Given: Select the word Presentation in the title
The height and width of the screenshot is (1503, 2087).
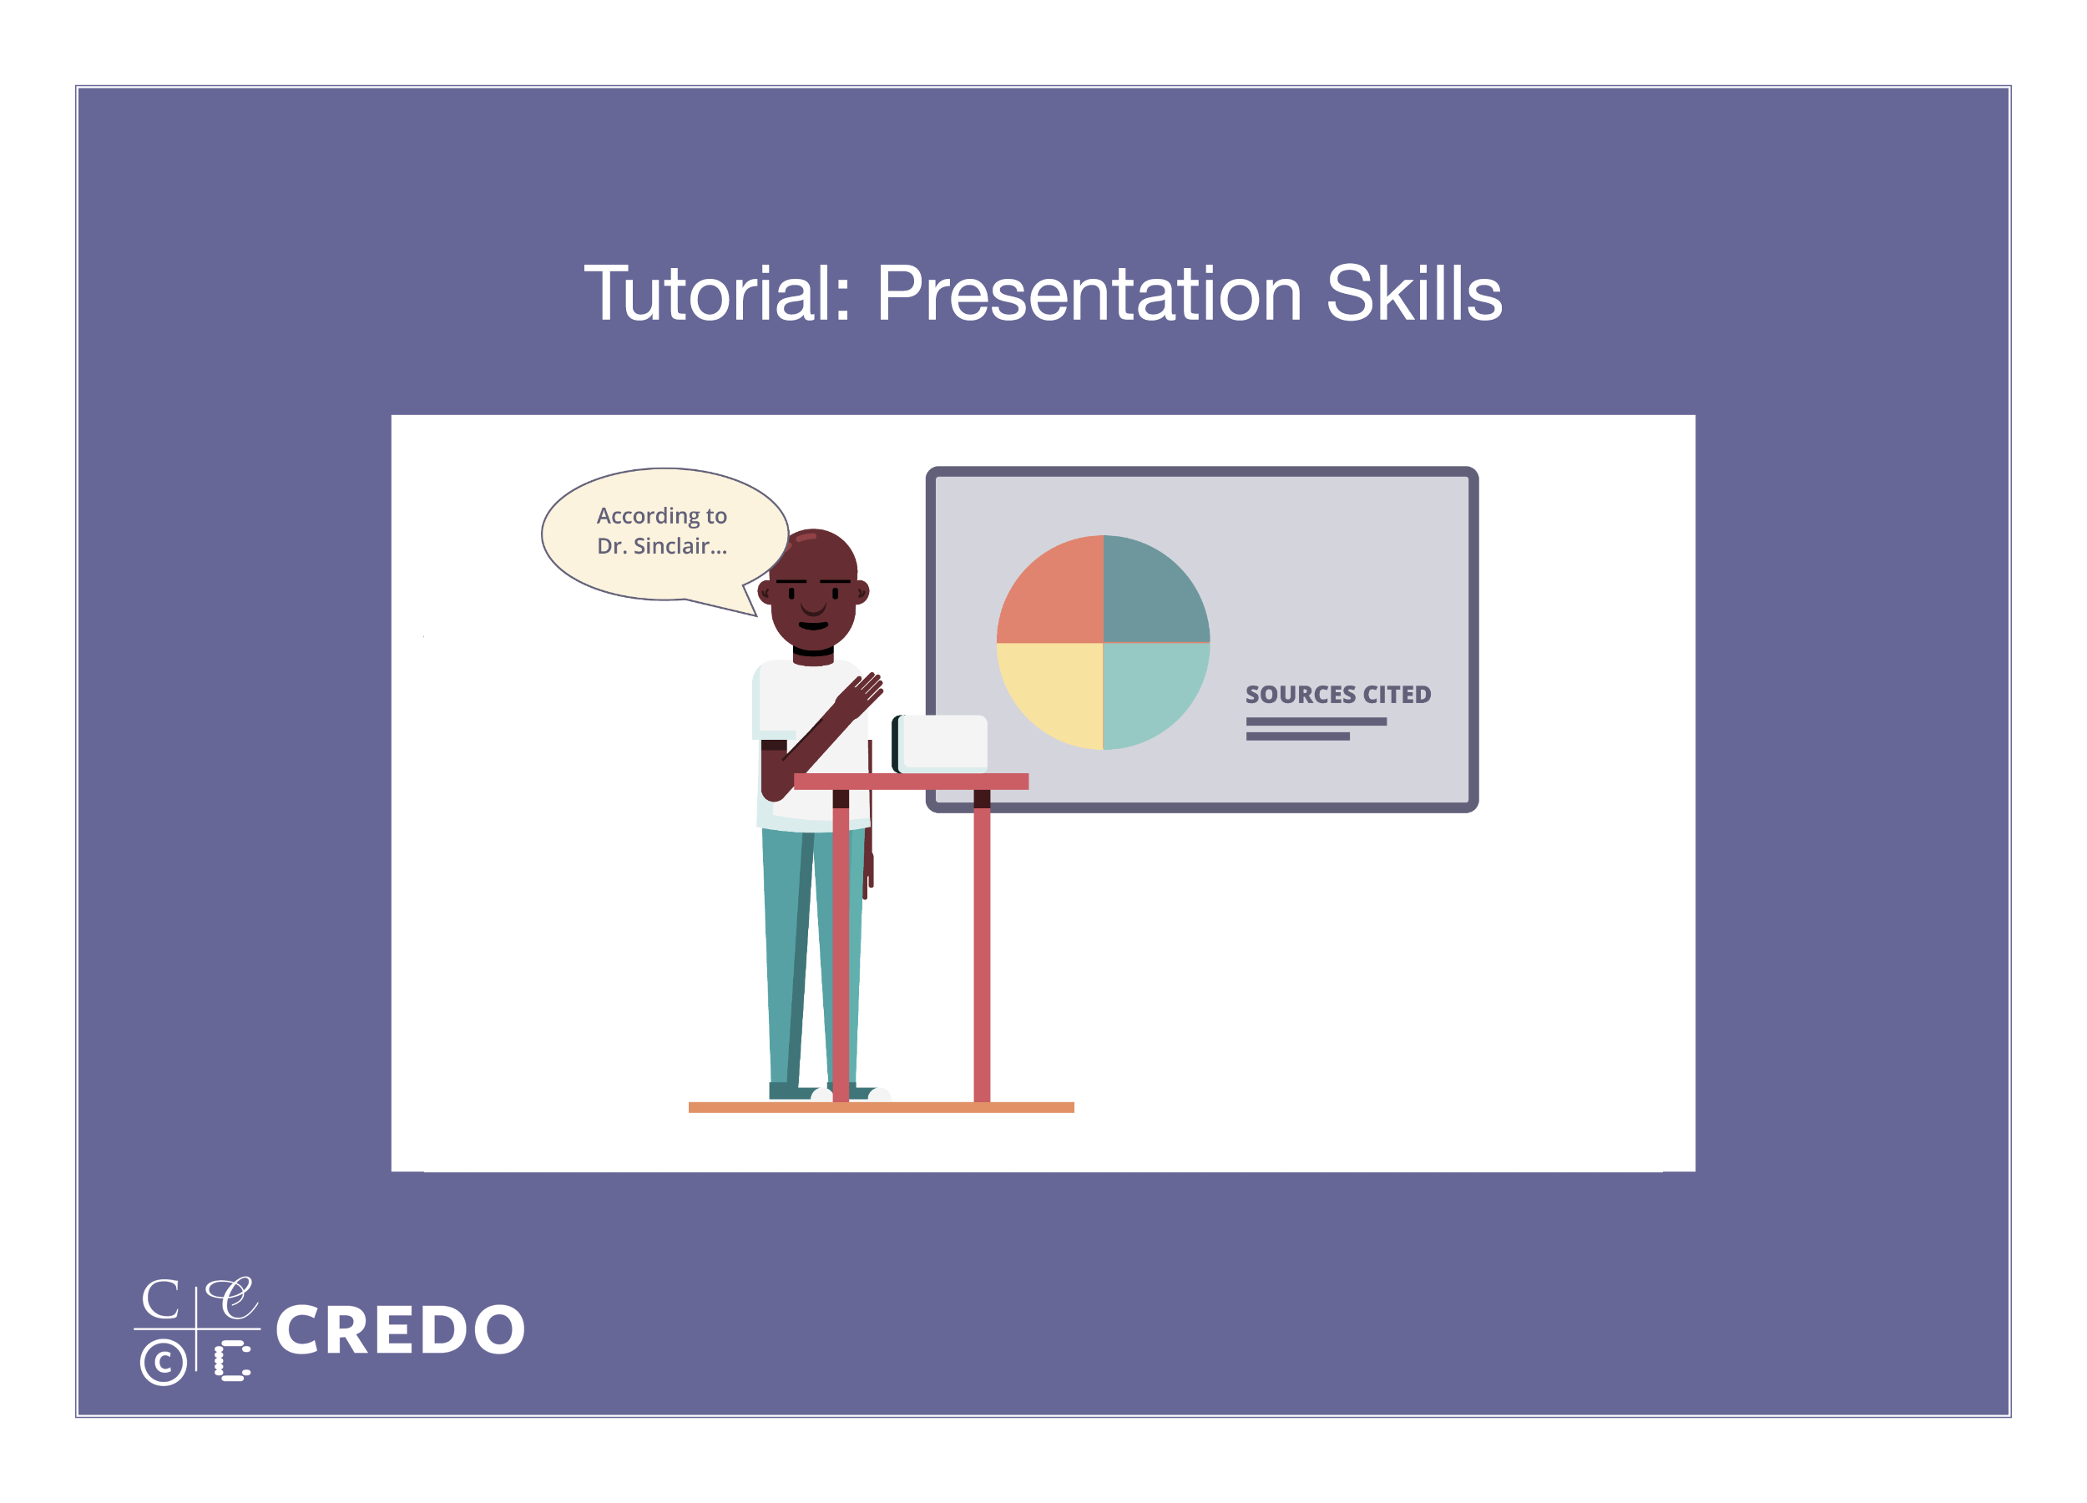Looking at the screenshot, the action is [x=1089, y=295].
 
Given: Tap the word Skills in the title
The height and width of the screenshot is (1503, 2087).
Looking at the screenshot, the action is [x=1413, y=294].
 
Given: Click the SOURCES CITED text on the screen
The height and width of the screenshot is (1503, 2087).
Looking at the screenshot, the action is [x=1338, y=694].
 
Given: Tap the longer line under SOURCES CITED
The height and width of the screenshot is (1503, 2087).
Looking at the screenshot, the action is [x=1316, y=721].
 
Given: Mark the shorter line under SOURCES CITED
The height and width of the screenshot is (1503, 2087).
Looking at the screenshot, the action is [x=1297, y=736].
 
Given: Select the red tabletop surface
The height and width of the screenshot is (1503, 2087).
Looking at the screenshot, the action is [x=911, y=782].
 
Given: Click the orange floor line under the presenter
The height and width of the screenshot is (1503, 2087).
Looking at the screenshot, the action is [x=881, y=1107].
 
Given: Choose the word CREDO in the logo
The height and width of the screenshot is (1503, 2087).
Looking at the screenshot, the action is [x=400, y=1330].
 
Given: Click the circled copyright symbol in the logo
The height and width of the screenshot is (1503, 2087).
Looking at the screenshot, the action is [x=163, y=1362].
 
